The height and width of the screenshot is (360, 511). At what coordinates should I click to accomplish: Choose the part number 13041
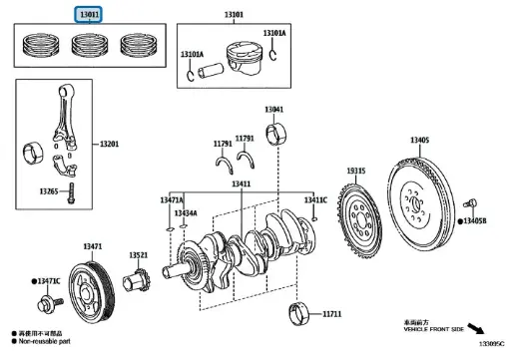(x=273, y=109)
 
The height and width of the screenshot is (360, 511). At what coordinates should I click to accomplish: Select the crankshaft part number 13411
(x=241, y=183)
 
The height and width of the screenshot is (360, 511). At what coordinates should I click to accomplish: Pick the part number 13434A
(x=186, y=213)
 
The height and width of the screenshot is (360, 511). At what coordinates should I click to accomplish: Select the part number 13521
(x=138, y=256)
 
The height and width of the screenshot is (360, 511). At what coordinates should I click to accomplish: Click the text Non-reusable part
(x=47, y=341)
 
